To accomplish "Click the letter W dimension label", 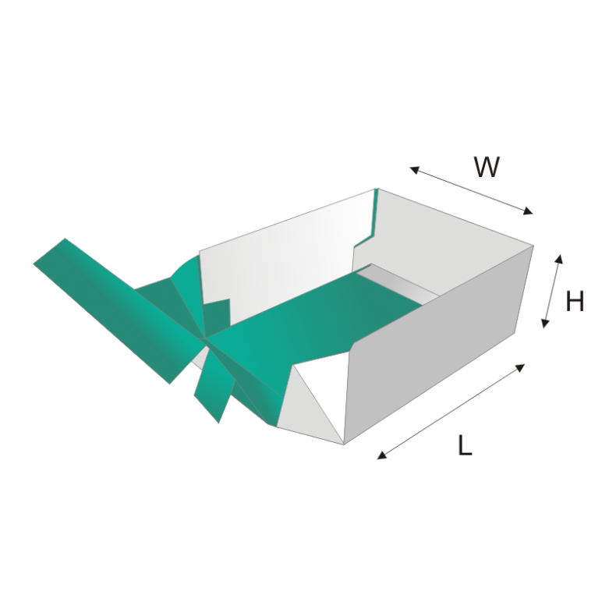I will pos(487,167).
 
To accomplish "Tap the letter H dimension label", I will pos(575,302).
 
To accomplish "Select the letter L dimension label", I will pos(465,445).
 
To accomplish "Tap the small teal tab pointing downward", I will pos(211,390).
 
